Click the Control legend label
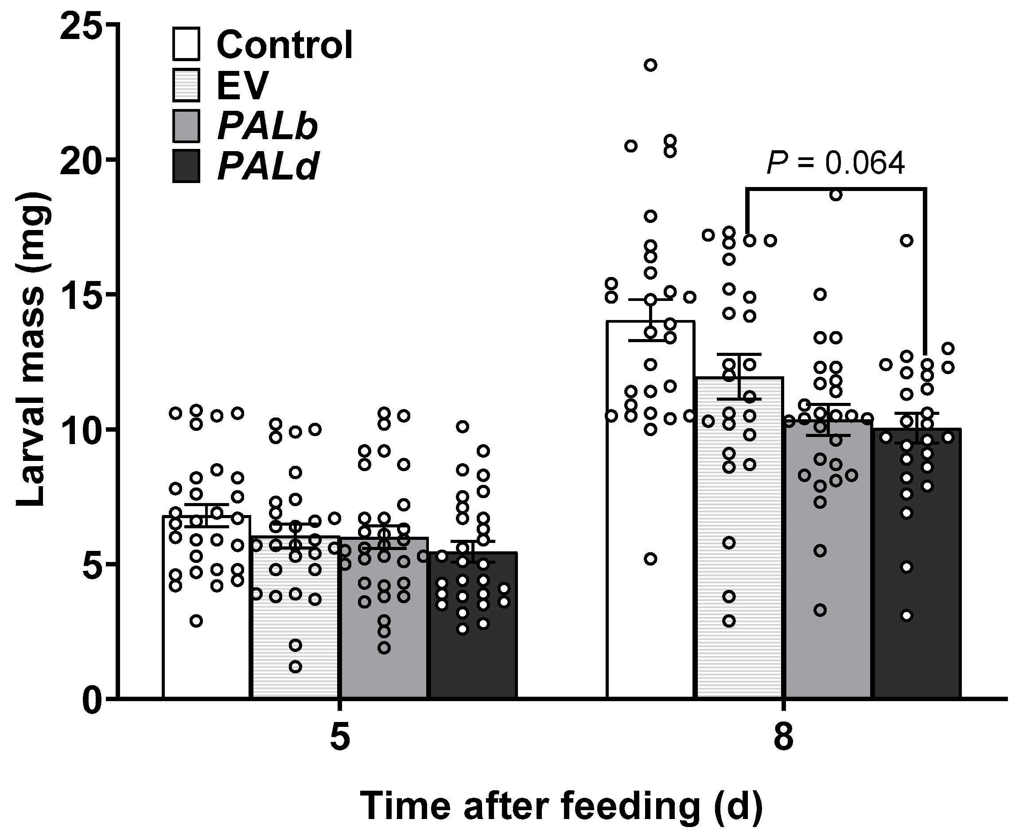point(285,45)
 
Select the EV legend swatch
point(186,86)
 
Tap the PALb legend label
point(268,126)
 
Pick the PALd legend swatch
point(186,166)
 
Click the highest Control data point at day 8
point(651,66)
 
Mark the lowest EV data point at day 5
point(295,667)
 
